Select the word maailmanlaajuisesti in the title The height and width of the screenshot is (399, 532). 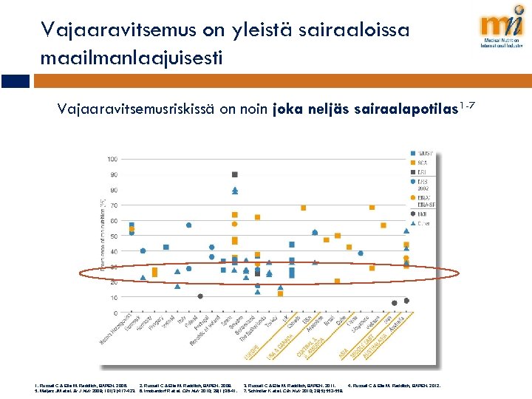click(x=131, y=57)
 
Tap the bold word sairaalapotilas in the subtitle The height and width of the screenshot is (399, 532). click(x=399, y=110)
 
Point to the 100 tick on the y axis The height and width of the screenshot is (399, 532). click(x=112, y=159)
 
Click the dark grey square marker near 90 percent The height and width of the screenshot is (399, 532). click(x=235, y=174)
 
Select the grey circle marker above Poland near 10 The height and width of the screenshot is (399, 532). click(x=200, y=296)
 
